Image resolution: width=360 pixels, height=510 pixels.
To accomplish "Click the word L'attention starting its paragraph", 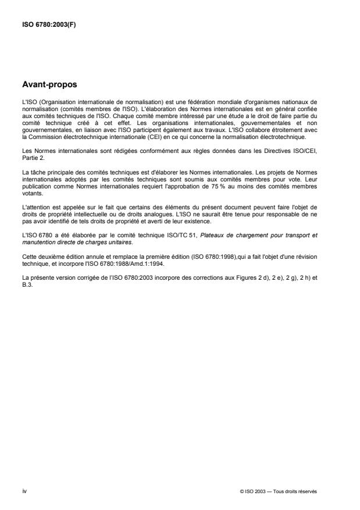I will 34,199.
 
